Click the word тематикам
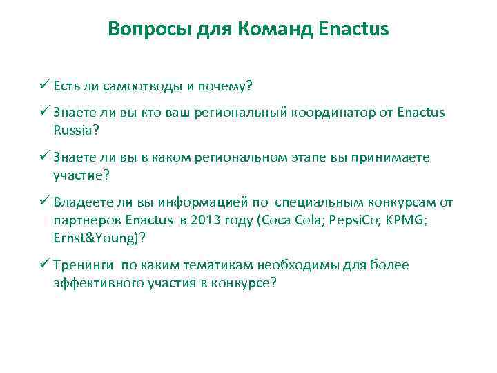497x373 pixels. point(212,265)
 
